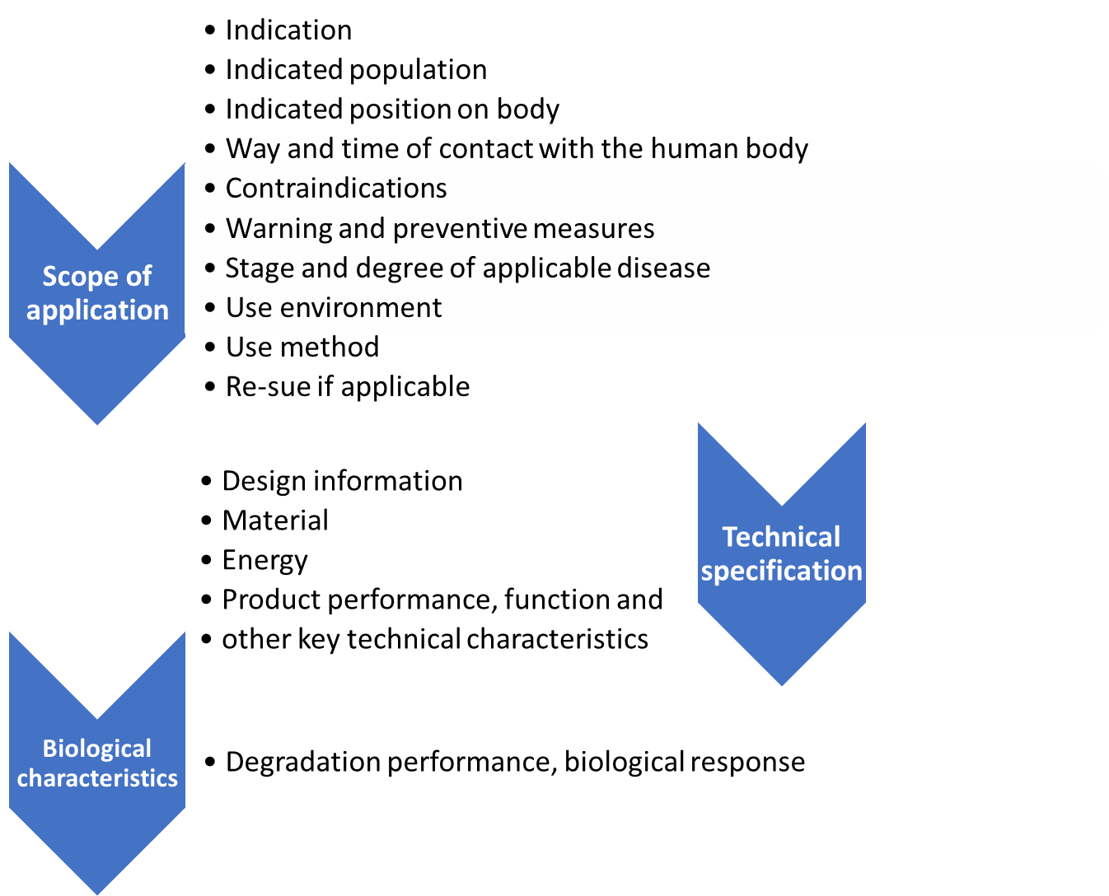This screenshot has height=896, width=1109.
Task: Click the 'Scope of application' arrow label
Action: coord(97,293)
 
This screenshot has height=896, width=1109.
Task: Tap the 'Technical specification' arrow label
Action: coord(781,553)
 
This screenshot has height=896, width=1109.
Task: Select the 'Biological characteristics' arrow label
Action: coord(97,763)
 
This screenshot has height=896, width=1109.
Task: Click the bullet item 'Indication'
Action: coord(288,30)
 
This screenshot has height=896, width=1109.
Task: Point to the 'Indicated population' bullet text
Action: coord(356,70)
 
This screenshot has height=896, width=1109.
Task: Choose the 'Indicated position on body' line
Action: coord(392,110)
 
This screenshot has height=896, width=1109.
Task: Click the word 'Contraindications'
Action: coord(336,189)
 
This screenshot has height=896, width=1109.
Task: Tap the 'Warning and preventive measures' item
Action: coord(440,228)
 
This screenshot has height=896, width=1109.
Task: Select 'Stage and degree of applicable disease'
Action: coord(467,268)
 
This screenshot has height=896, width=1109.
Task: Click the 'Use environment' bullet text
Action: coord(334,308)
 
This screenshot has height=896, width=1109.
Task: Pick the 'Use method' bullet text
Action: coord(302,348)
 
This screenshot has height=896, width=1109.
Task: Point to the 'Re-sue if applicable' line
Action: coord(348,387)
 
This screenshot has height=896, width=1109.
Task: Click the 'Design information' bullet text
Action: coord(342,481)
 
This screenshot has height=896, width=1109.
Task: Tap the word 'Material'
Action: coord(275,520)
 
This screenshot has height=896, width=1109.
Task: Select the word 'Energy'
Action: coord(264,561)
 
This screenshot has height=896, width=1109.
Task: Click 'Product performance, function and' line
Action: coord(442,600)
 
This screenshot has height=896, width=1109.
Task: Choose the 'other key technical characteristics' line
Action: coord(435,639)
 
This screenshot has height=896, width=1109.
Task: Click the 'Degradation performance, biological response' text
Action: coord(515,763)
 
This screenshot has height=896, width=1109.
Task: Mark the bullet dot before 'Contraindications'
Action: coord(211,189)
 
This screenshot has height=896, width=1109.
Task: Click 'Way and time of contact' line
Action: coord(517,149)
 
